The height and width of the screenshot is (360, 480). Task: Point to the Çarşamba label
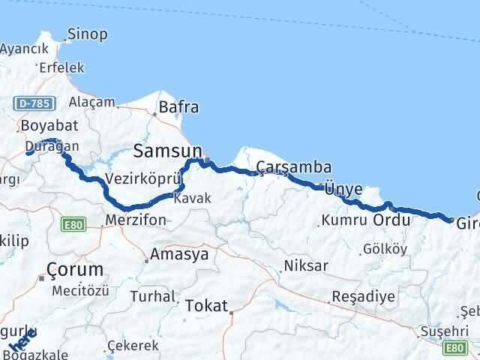(283, 166)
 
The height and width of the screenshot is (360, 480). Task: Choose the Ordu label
(392, 220)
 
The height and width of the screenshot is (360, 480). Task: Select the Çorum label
(74, 269)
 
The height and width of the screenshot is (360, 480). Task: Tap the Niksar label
(304, 266)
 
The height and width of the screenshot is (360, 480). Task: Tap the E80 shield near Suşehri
(454, 347)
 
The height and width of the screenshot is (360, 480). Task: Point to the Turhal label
(151, 296)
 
